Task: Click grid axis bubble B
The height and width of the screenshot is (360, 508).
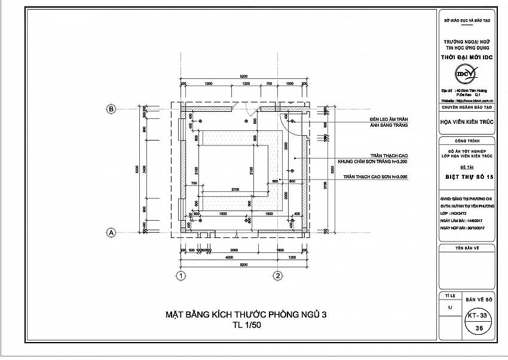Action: click(111, 109)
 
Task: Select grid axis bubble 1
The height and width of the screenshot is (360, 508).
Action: click(179, 276)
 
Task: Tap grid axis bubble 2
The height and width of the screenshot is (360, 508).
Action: click(277, 276)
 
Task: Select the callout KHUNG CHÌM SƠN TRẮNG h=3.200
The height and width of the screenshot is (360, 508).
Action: click(372, 161)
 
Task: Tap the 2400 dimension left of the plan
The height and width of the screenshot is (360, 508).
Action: click(146, 170)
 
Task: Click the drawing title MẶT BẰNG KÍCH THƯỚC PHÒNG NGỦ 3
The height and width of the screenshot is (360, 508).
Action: click(245, 315)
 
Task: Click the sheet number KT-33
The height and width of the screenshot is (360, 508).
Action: click(478, 314)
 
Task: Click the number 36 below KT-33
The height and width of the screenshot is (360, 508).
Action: click(478, 328)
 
